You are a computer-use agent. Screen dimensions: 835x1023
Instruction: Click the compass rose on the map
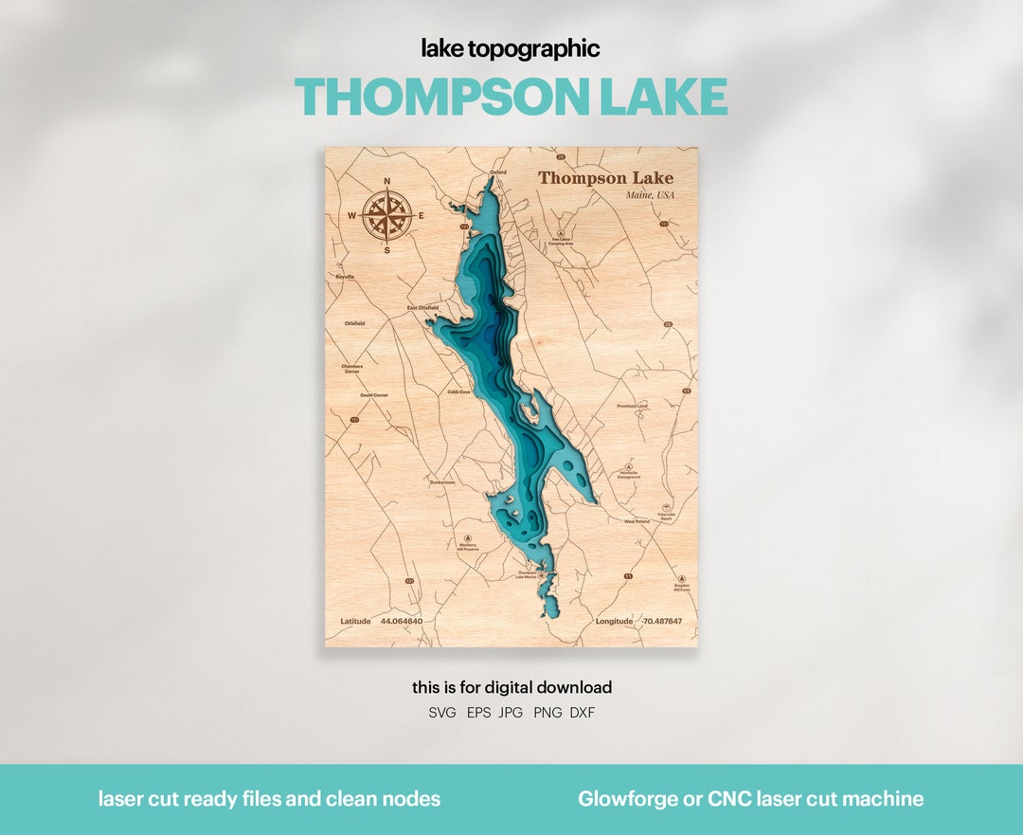click(x=386, y=215)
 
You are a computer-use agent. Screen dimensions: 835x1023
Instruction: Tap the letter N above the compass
click(x=386, y=180)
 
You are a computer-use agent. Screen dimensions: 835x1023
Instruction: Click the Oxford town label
click(x=497, y=172)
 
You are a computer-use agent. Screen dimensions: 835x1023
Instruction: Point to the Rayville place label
click(x=345, y=277)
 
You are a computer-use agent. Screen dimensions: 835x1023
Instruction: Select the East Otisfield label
click(x=422, y=307)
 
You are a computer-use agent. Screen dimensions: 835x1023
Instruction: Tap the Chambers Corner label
click(x=352, y=369)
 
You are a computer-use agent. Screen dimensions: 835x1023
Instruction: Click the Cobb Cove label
click(x=459, y=390)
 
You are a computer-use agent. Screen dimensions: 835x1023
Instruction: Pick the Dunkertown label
click(x=442, y=482)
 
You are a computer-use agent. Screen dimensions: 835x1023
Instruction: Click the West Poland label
click(x=637, y=521)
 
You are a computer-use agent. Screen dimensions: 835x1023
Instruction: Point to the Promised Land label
click(x=632, y=406)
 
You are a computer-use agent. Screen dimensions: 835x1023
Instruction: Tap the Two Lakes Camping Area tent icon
click(x=561, y=231)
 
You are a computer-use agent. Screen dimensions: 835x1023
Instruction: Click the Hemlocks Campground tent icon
click(x=629, y=467)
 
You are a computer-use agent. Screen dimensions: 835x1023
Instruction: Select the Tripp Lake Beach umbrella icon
click(x=665, y=508)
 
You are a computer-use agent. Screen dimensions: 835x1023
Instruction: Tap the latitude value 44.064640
click(x=402, y=622)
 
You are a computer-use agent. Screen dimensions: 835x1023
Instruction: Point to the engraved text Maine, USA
click(x=649, y=195)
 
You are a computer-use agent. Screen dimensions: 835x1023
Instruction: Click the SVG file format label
click(x=442, y=713)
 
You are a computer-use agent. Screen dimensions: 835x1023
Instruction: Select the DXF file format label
click(x=583, y=713)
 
